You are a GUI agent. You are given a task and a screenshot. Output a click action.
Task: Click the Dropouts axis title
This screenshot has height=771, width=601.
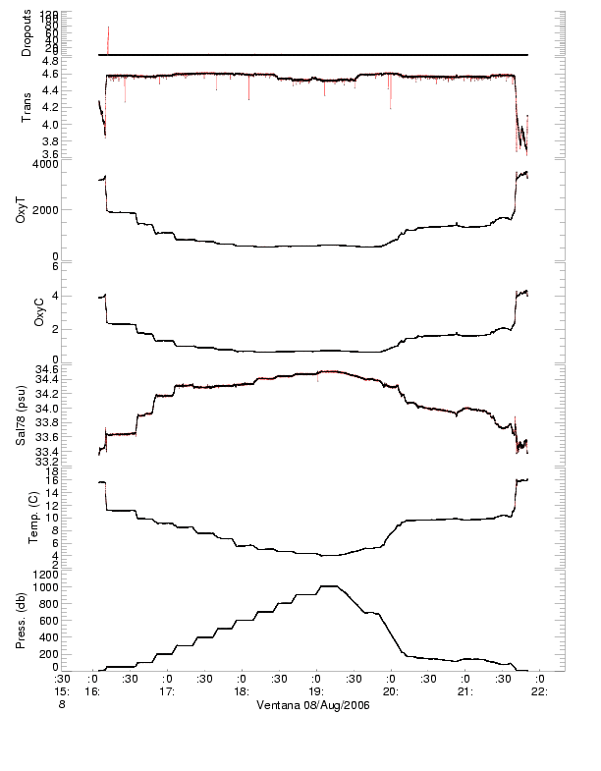coord(27,32)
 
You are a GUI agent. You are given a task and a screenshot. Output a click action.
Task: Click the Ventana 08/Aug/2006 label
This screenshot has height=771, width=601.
coord(311,705)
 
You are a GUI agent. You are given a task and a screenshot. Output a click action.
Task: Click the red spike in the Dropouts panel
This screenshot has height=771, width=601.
coord(108,39)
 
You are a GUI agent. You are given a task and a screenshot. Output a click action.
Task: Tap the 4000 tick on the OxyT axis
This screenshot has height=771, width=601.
coord(76,164)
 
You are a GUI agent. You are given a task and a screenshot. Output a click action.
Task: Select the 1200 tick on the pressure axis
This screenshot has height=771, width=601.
coord(73,574)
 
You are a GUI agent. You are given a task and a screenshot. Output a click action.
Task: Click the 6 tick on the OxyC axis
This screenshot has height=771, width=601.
coord(83,266)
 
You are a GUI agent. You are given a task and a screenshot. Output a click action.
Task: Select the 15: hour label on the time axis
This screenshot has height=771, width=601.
coord(61,691)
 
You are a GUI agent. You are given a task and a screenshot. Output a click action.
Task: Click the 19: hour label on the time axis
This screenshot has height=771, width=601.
coord(316,691)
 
